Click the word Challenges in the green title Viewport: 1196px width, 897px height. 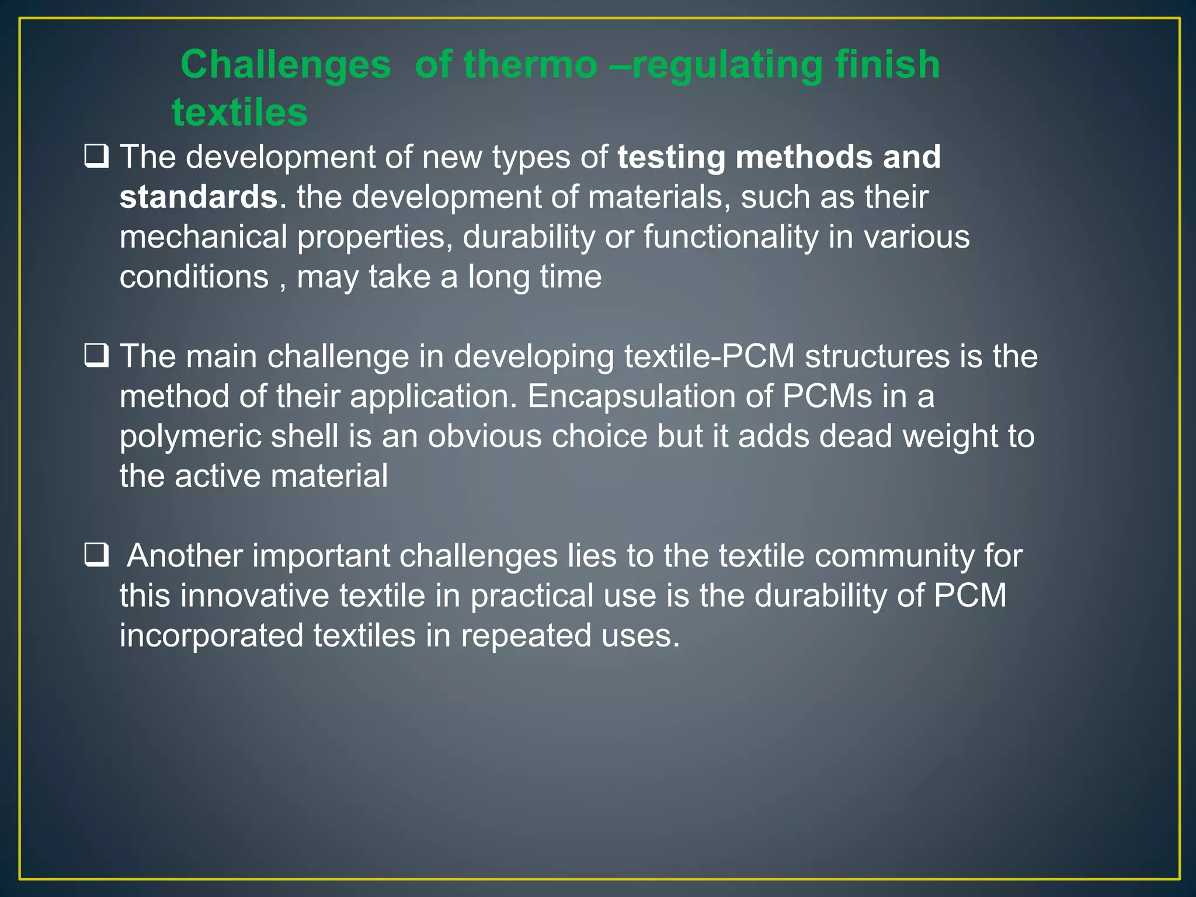pyautogui.click(x=286, y=65)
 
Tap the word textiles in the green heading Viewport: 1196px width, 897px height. pyautogui.click(x=239, y=112)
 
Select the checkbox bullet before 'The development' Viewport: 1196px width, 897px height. pyautogui.click(x=96, y=157)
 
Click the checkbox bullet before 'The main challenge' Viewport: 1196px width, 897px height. pyautogui.click(x=96, y=356)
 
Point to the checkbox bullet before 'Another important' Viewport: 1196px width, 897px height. pyautogui.click(x=96, y=555)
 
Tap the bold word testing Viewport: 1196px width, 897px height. pyautogui.click(x=671, y=158)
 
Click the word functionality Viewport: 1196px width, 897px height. pyautogui.click(x=731, y=237)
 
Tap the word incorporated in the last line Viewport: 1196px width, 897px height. pyautogui.click(x=211, y=635)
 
